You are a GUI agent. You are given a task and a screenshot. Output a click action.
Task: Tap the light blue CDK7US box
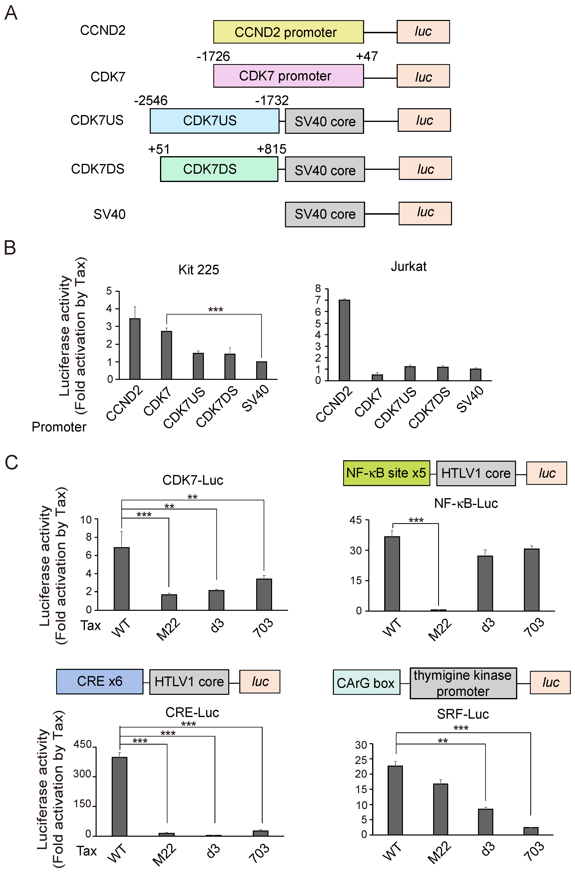pyautogui.click(x=214, y=121)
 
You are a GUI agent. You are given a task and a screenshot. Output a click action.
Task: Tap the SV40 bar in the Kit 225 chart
pyautogui.click(x=261, y=370)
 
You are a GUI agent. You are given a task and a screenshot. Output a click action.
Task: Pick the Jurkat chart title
pyautogui.click(x=408, y=267)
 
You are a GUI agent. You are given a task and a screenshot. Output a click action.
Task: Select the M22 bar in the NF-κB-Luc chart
pyautogui.click(x=438, y=610)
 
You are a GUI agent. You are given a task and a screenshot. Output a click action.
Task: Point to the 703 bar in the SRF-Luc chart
pyautogui.click(x=531, y=831)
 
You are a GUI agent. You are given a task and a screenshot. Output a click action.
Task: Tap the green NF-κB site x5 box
pyautogui.click(x=386, y=473)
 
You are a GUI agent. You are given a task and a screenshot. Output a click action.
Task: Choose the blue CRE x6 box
pyautogui.click(x=99, y=681)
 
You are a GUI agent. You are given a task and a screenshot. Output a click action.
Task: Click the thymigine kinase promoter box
pyautogui.click(x=463, y=683)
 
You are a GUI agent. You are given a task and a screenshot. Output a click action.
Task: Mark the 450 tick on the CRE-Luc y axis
pyautogui.click(x=83, y=744)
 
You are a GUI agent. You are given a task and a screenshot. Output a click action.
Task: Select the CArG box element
pyautogui.click(x=366, y=683)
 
